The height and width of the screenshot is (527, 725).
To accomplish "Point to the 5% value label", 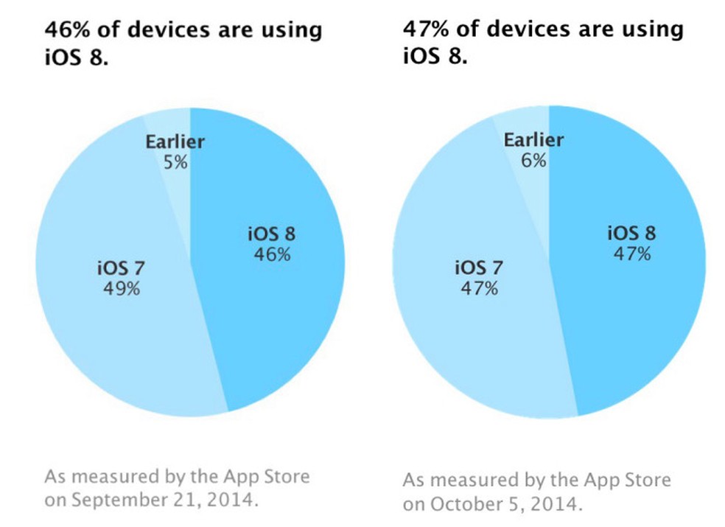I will tap(175, 161).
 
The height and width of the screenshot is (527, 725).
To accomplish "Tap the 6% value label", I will tap(533, 159).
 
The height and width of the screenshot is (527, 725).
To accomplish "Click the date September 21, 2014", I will tap(155, 500).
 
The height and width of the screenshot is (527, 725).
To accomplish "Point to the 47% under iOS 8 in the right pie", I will tap(631, 254).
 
